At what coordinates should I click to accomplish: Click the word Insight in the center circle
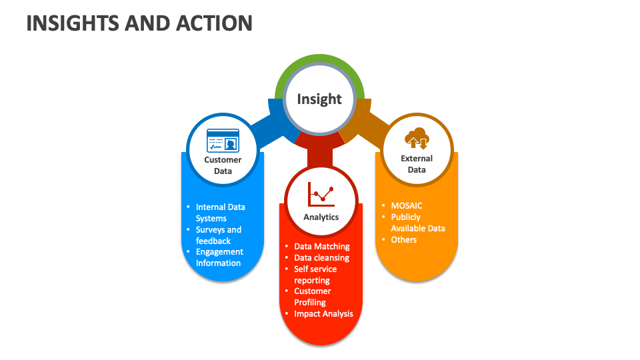[319, 99]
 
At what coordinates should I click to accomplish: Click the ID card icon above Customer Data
[223, 141]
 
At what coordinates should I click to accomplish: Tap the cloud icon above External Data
[417, 138]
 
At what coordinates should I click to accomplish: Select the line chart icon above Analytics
[321, 194]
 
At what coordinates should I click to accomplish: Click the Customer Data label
[223, 165]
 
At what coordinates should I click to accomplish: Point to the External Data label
[417, 164]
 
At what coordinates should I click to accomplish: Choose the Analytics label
[321, 217]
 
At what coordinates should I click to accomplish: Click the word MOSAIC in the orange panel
[407, 206]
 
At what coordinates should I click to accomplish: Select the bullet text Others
[404, 239]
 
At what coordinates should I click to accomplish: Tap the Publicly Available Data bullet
[417, 223]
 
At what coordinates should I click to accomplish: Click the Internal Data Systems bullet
[220, 213]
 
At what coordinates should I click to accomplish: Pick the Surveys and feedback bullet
[219, 235]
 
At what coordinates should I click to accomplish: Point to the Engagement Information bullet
[219, 257]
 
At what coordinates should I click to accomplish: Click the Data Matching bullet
[322, 247]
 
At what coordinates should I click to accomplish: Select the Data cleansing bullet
[321, 258]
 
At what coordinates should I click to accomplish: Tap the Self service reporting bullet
[315, 275]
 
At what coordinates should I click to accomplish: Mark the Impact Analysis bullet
[324, 313]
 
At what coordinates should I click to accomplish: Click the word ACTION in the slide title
[214, 23]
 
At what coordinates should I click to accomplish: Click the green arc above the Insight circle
[319, 61]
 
